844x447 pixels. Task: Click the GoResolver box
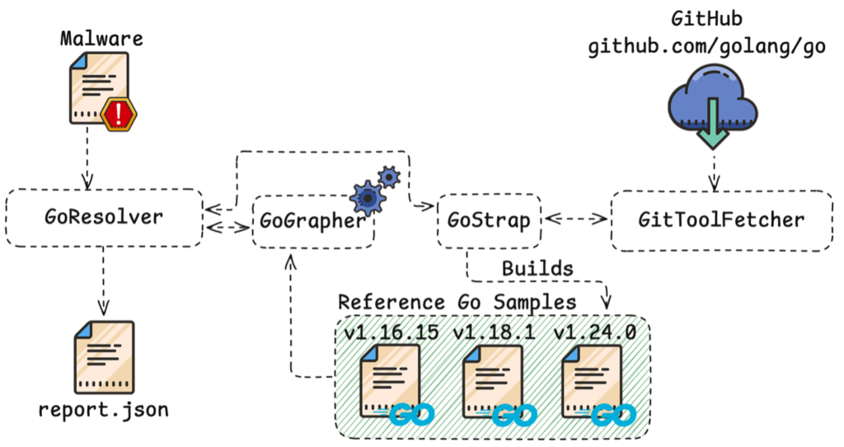click(x=104, y=218)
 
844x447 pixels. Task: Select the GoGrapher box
click(x=312, y=222)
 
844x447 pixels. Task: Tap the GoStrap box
click(x=489, y=221)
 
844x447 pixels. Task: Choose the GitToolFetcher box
click(x=722, y=221)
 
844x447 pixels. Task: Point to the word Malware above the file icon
click(x=103, y=39)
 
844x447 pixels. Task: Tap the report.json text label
click(x=103, y=410)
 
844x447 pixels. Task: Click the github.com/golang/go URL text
click(x=706, y=48)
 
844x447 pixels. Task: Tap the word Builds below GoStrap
click(x=537, y=269)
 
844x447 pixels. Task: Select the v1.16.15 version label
click(x=392, y=332)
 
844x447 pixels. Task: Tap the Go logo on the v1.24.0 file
click(x=615, y=412)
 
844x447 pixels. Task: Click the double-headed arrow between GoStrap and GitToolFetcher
click(x=576, y=220)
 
